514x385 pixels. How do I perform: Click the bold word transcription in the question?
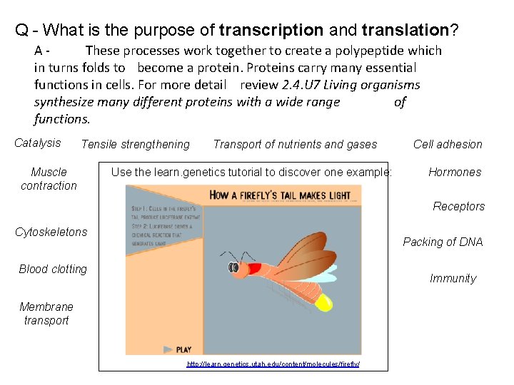271,30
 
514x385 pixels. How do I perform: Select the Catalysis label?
38,143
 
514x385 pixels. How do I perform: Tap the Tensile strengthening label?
136,145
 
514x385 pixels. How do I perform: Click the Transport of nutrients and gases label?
295,145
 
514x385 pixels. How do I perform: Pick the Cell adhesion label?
448,145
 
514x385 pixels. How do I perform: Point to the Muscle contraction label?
49,179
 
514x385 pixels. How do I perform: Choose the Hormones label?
455,172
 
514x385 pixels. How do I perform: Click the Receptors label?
458,207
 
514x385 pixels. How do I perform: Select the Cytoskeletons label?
51,232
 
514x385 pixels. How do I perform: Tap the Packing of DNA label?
443,242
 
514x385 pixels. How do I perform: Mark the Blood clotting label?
53,269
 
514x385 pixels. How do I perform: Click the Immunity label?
453,279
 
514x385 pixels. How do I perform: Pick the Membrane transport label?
46,314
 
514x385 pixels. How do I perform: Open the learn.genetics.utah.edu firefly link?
273,364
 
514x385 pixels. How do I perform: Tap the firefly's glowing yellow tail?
323,302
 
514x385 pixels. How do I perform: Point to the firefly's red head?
253,269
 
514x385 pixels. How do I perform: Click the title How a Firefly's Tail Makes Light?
280,195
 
